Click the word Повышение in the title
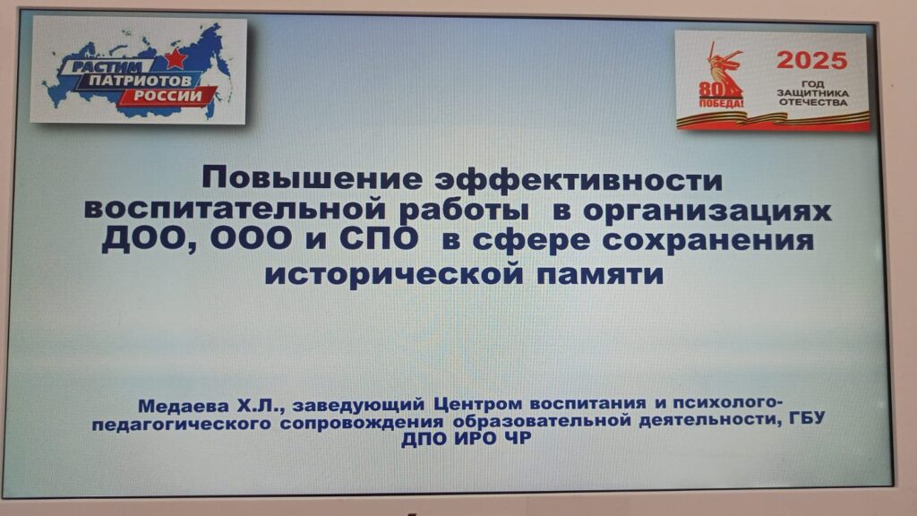point(311,179)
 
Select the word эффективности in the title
point(579,179)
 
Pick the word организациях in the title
point(707,211)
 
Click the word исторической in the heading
point(394,274)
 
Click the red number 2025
point(811,60)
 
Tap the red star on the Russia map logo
point(175,58)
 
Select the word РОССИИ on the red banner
point(167,95)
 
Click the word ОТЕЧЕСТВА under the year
point(813,102)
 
